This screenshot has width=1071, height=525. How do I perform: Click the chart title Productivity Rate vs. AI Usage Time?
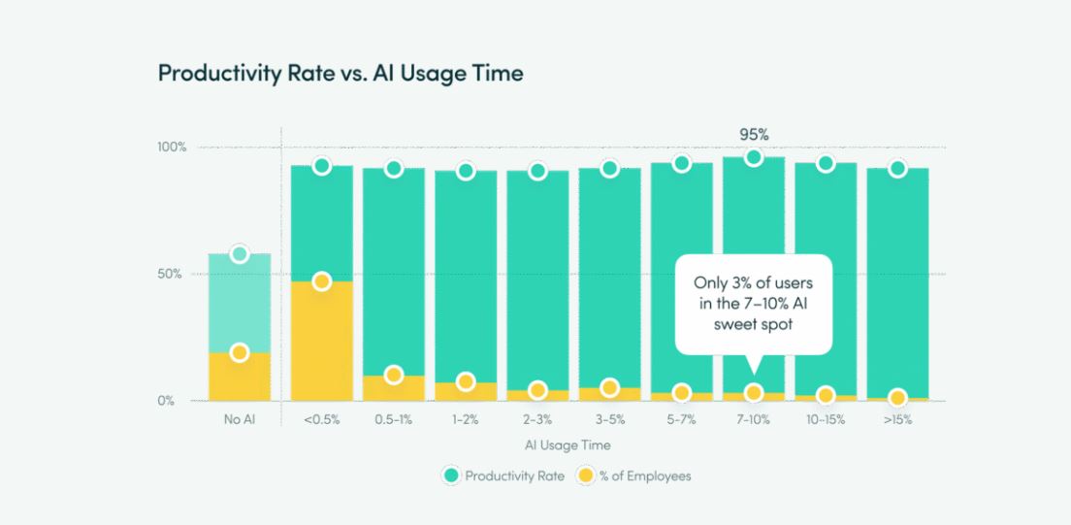[341, 73]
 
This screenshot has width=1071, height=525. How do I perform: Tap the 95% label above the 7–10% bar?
[753, 135]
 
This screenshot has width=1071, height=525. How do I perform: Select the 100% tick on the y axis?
[173, 148]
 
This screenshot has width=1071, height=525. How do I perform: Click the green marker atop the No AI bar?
[241, 254]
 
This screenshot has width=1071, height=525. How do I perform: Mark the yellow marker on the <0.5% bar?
[322, 281]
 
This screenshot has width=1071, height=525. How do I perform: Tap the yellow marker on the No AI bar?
[241, 352]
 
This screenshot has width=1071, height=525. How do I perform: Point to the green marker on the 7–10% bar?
[754, 157]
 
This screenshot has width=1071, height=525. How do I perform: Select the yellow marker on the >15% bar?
[897, 397]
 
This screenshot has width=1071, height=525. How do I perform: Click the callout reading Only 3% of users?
[753, 304]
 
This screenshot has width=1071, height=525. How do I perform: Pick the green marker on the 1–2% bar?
[466, 171]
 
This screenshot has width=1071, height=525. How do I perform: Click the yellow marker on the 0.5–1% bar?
[394, 376]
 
